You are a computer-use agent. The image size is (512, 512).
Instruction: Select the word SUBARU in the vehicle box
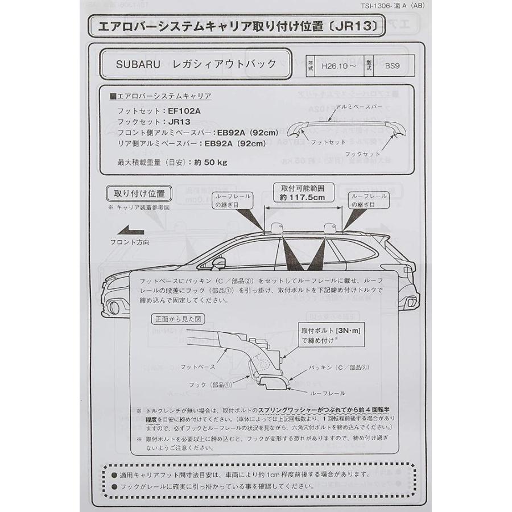136,64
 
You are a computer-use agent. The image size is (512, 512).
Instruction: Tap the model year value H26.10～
339,65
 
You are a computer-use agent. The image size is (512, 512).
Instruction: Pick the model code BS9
393,65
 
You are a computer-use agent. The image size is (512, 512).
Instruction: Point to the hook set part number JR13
179,121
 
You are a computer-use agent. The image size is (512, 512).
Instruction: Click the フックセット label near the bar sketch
362,154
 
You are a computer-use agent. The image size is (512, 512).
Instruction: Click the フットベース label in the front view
198,367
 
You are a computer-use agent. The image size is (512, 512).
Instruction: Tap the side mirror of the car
217,263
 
